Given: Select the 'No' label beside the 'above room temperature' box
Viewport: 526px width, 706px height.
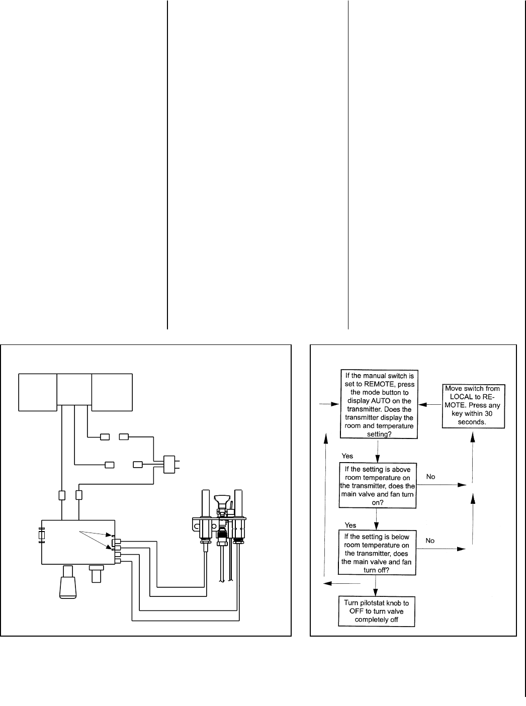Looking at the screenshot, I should pyautogui.click(x=430, y=476).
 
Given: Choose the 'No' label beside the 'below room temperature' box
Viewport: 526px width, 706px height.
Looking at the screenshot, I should pyautogui.click(x=430, y=541).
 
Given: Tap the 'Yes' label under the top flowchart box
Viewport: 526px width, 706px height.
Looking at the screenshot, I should pyautogui.click(x=347, y=456).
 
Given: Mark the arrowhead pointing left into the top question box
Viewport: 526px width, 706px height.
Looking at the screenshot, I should pyautogui.click(x=423, y=404).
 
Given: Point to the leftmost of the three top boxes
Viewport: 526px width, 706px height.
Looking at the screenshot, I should pyautogui.click(x=38, y=392).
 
